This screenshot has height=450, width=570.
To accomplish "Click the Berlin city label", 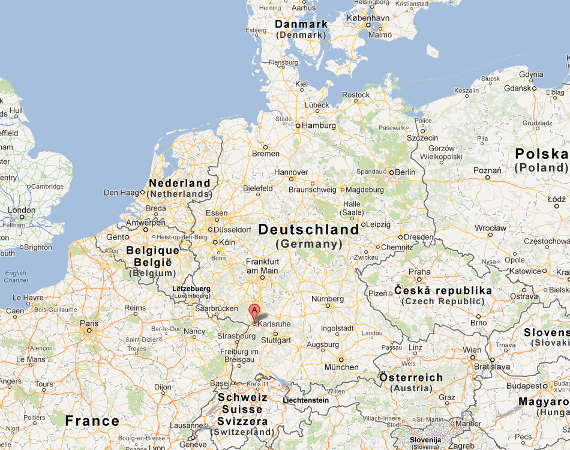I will click(x=405, y=172).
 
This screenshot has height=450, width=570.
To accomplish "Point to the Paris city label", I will click(x=88, y=322).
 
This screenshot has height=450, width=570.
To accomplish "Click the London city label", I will click(x=22, y=211).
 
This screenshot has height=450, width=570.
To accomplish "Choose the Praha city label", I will click(x=419, y=271).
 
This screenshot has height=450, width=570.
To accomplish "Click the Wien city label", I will click(x=472, y=350).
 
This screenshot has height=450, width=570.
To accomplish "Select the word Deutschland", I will click(x=308, y=230).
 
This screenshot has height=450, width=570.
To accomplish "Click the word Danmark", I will click(x=301, y=25).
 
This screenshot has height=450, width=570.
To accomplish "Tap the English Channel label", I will click(x=16, y=277).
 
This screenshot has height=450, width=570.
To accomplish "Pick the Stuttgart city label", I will click(x=276, y=340).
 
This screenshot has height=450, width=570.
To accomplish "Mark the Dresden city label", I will click(x=418, y=237).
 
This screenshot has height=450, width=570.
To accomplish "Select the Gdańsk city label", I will click(x=518, y=88).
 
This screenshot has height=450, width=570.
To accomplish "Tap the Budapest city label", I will click(x=524, y=386).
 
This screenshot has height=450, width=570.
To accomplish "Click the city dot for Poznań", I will click(x=488, y=178).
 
